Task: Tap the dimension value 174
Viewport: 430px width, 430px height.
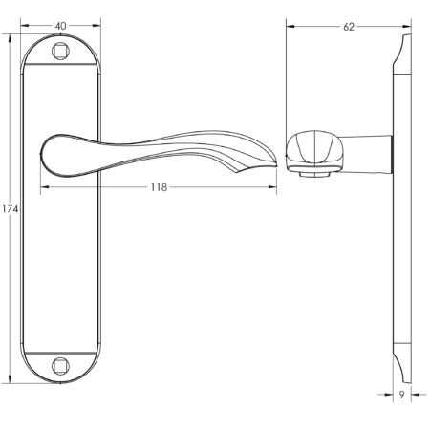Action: coord(11,208)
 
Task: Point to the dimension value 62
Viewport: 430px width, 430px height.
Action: coord(348,27)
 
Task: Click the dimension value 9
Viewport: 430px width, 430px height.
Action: coord(402,395)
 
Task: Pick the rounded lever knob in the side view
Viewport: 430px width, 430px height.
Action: coord(311,151)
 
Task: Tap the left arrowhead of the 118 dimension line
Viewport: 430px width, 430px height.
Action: coord(43,187)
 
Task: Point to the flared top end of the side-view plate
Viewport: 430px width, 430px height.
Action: coord(402,48)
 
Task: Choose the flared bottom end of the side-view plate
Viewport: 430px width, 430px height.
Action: coord(402,368)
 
